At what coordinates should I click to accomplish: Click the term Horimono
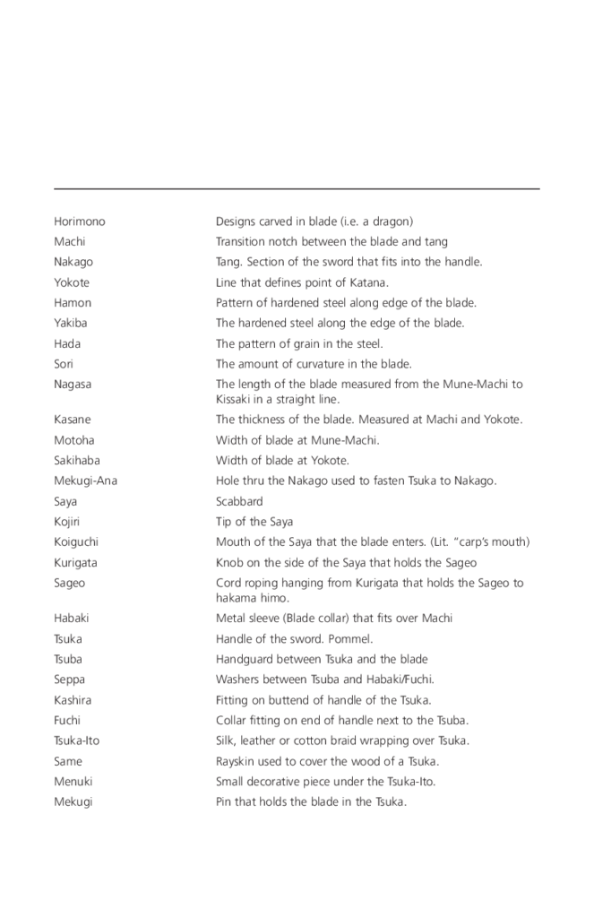[x=79, y=221]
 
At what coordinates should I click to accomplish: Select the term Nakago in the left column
[x=73, y=262]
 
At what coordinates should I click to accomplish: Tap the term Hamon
[x=72, y=303]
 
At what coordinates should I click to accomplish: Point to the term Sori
[x=64, y=364]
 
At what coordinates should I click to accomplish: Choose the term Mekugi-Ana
[x=85, y=481]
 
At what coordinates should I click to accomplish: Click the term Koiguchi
[x=76, y=541]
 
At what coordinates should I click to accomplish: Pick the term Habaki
[x=71, y=618]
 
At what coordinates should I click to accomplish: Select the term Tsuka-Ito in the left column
[x=77, y=740]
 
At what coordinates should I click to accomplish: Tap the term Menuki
[x=73, y=781]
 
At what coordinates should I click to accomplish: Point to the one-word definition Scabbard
[x=239, y=501]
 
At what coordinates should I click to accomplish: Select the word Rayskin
[x=238, y=761]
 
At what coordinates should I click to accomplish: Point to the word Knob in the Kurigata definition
[x=229, y=563]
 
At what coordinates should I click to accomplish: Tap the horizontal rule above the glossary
[x=297, y=188]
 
